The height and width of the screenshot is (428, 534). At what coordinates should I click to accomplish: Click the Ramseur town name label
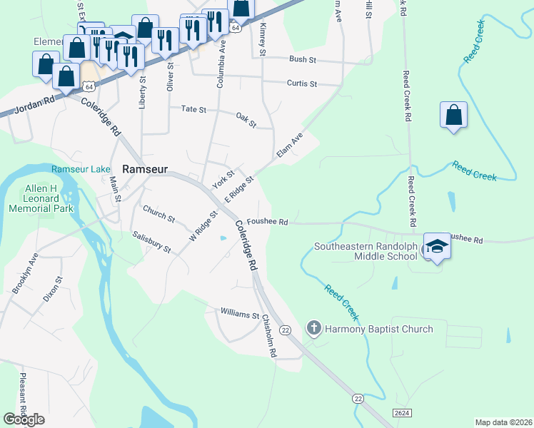(x=145, y=170)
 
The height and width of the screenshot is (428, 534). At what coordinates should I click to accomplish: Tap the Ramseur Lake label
(x=81, y=169)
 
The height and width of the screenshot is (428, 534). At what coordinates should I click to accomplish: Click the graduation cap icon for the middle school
(x=437, y=246)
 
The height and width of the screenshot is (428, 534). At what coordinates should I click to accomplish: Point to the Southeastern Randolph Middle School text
(x=366, y=252)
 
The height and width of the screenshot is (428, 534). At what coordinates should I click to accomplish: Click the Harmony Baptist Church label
(x=379, y=329)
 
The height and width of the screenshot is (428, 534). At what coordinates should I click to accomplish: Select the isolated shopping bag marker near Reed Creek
(x=454, y=116)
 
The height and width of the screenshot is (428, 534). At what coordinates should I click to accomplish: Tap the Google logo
(x=24, y=419)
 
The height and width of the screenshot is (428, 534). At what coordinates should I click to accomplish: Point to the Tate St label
(x=193, y=110)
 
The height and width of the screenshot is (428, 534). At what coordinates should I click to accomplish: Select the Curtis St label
(x=301, y=83)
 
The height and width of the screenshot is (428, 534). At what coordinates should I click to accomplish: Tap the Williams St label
(x=239, y=314)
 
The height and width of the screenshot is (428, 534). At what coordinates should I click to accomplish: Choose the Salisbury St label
(x=151, y=242)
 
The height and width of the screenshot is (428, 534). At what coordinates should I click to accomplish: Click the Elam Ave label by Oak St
(x=289, y=145)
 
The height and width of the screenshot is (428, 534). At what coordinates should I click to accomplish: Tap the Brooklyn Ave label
(x=24, y=273)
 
